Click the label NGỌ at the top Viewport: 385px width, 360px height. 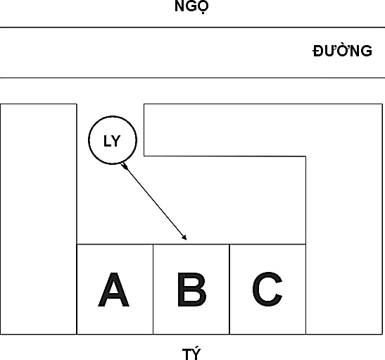click(x=191, y=6)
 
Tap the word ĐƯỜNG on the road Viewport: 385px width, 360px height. click(x=343, y=51)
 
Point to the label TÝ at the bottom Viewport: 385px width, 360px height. click(x=191, y=354)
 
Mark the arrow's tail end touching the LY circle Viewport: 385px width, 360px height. click(x=121, y=163)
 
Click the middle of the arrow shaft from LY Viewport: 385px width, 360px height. click(x=154, y=201)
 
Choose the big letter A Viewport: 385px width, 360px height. click(x=113, y=290)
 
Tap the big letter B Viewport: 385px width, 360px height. click(x=191, y=290)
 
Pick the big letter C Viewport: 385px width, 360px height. click(x=267, y=290)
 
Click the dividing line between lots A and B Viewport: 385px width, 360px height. click(x=153, y=290)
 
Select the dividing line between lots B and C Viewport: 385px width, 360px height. click(x=229, y=290)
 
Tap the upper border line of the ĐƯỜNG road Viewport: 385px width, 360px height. click(x=193, y=27)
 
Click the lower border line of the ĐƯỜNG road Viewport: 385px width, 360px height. click(x=193, y=77)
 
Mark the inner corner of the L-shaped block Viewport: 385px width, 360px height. click(x=305, y=156)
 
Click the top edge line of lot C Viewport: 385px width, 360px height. click(x=267, y=244)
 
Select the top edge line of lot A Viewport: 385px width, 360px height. click(x=115, y=244)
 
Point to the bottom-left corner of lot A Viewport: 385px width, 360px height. click(x=77, y=334)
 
